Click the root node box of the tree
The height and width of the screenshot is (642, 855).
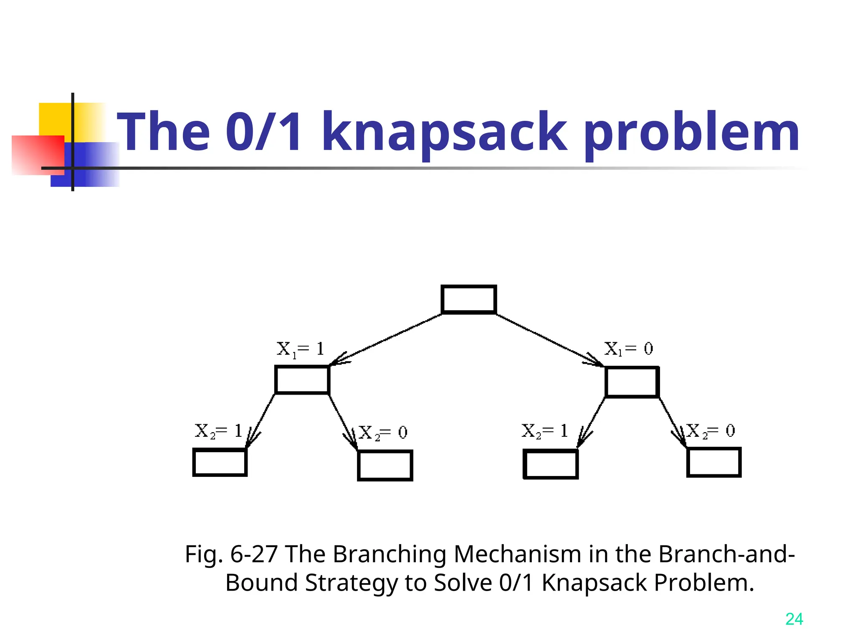[x=469, y=299]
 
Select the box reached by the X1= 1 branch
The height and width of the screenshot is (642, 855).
[x=302, y=380]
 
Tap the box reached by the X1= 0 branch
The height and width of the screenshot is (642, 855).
[x=632, y=382]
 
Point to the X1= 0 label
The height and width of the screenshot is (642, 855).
[x=629, y=349]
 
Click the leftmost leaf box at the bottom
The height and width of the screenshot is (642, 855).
[x=220, y=462]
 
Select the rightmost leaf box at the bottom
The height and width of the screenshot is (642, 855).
[x=714, y=462]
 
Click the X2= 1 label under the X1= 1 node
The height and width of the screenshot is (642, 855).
[x=219, y=431]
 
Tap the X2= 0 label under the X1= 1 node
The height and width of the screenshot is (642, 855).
[x=383, y=433]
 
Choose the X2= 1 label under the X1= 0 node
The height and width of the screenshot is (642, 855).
[x=545, y=431]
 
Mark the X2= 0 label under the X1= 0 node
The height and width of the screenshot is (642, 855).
[x=711, y=431]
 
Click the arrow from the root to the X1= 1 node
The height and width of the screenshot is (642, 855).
[x=386, y=339]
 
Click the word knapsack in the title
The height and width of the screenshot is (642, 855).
[x=444, y=132]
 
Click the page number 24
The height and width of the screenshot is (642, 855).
[x=794, y=619]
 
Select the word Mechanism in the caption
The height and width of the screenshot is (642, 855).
[x=517, y=554]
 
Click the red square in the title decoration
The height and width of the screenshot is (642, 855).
[x=38, y=155]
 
